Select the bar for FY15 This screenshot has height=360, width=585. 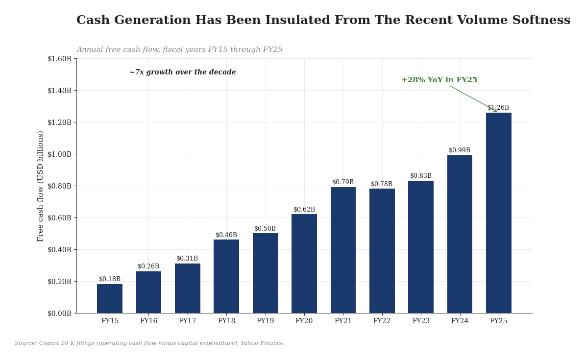pyautogui.click(x=110, y=298)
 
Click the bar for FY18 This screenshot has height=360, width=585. pyautogui.click(x=226, y=276)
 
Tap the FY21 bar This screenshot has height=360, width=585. pyautogui.click(x=343, y=250)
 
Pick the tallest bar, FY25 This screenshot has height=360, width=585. pyautogui.click(x=499, y=213)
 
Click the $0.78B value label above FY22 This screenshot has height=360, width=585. pyautogui.click(x=382, y=184)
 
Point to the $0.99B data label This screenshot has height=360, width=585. pyautogui.click(x=460, y=150)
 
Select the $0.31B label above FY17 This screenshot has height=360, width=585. pyautogui.click(x=187, y=259)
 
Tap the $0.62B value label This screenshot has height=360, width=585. pyautogui.click(x=304, y=210)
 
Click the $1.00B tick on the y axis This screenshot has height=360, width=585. pyautogui.click(x=59, y=154)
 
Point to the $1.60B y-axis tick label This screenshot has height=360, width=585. pyautogui.click(x=59, y=59)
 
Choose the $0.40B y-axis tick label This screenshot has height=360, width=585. pyautogui.click(x=59, y=250)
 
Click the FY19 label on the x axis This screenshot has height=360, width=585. pyautogui.click(x=265, y=321)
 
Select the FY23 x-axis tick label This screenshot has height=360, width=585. pyautogui.click(x=421, y=321)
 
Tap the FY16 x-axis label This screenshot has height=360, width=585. pyautogui.click(x=148, y=321)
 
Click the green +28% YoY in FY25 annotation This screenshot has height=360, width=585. pyautogui.click(x=439, y=80)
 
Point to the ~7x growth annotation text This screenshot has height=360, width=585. pyautogui.click(x=182, y=72)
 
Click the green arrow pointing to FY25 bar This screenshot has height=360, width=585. pyautogui.click(x=473, y=98)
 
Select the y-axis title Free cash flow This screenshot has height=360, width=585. pyautogui.click(x=40, y=186)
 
